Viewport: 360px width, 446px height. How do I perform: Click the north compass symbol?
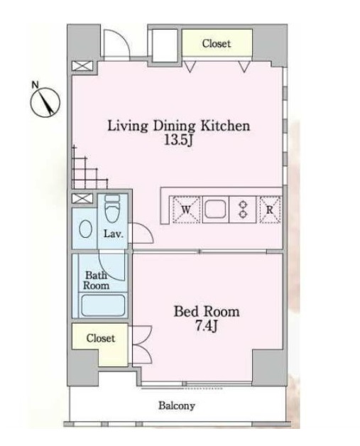point(45,101)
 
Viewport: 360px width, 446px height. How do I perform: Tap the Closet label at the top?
point(216,43)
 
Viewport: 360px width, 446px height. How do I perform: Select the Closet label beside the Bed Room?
point(101,338)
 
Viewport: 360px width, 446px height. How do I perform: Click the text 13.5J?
point(179,140)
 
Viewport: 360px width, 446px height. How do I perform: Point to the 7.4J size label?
point(207,326)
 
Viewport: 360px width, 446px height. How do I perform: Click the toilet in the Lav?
point(112,208)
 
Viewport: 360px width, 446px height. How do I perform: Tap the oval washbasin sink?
point(85,229)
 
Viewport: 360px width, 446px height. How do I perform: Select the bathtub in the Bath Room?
point(103,305)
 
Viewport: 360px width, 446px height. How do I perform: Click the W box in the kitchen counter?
point(186,210)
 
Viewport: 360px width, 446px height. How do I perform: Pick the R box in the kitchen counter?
point(270,210)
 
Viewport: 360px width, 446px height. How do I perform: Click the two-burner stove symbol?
point(243,210)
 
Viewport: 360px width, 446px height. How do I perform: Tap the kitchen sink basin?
point(215,209)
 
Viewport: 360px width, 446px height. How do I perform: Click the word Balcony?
point(177,406)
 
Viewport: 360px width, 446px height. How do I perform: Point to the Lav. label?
point(114,234)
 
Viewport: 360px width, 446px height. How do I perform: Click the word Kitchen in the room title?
point(226,126)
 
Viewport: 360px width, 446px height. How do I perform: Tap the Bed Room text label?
point(207,312)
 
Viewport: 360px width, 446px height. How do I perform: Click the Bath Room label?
point(96,281)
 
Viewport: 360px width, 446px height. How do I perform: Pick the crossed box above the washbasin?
point(82,198)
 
